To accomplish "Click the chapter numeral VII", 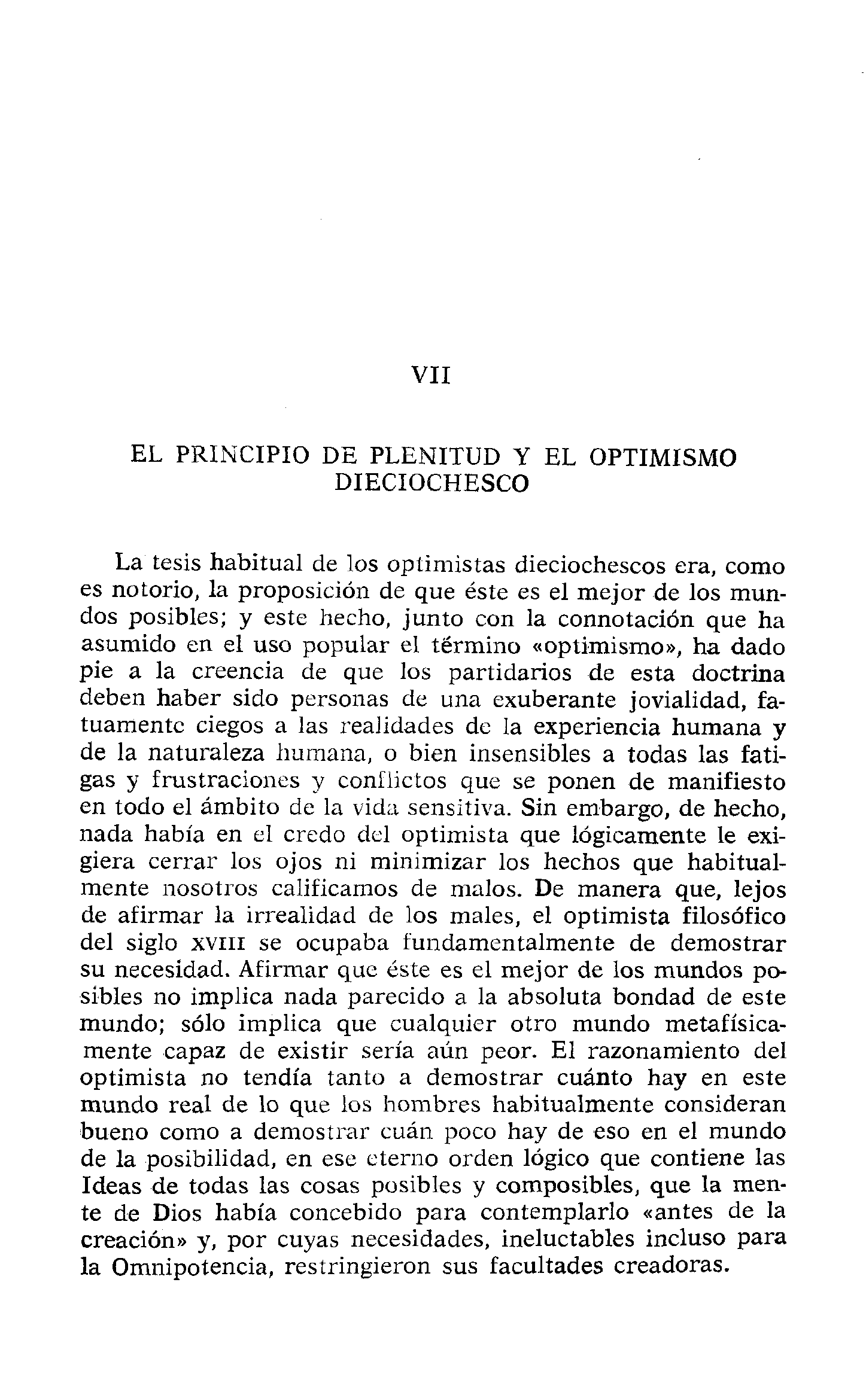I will pos(432,376).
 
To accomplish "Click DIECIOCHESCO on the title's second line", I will pos(432,483).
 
